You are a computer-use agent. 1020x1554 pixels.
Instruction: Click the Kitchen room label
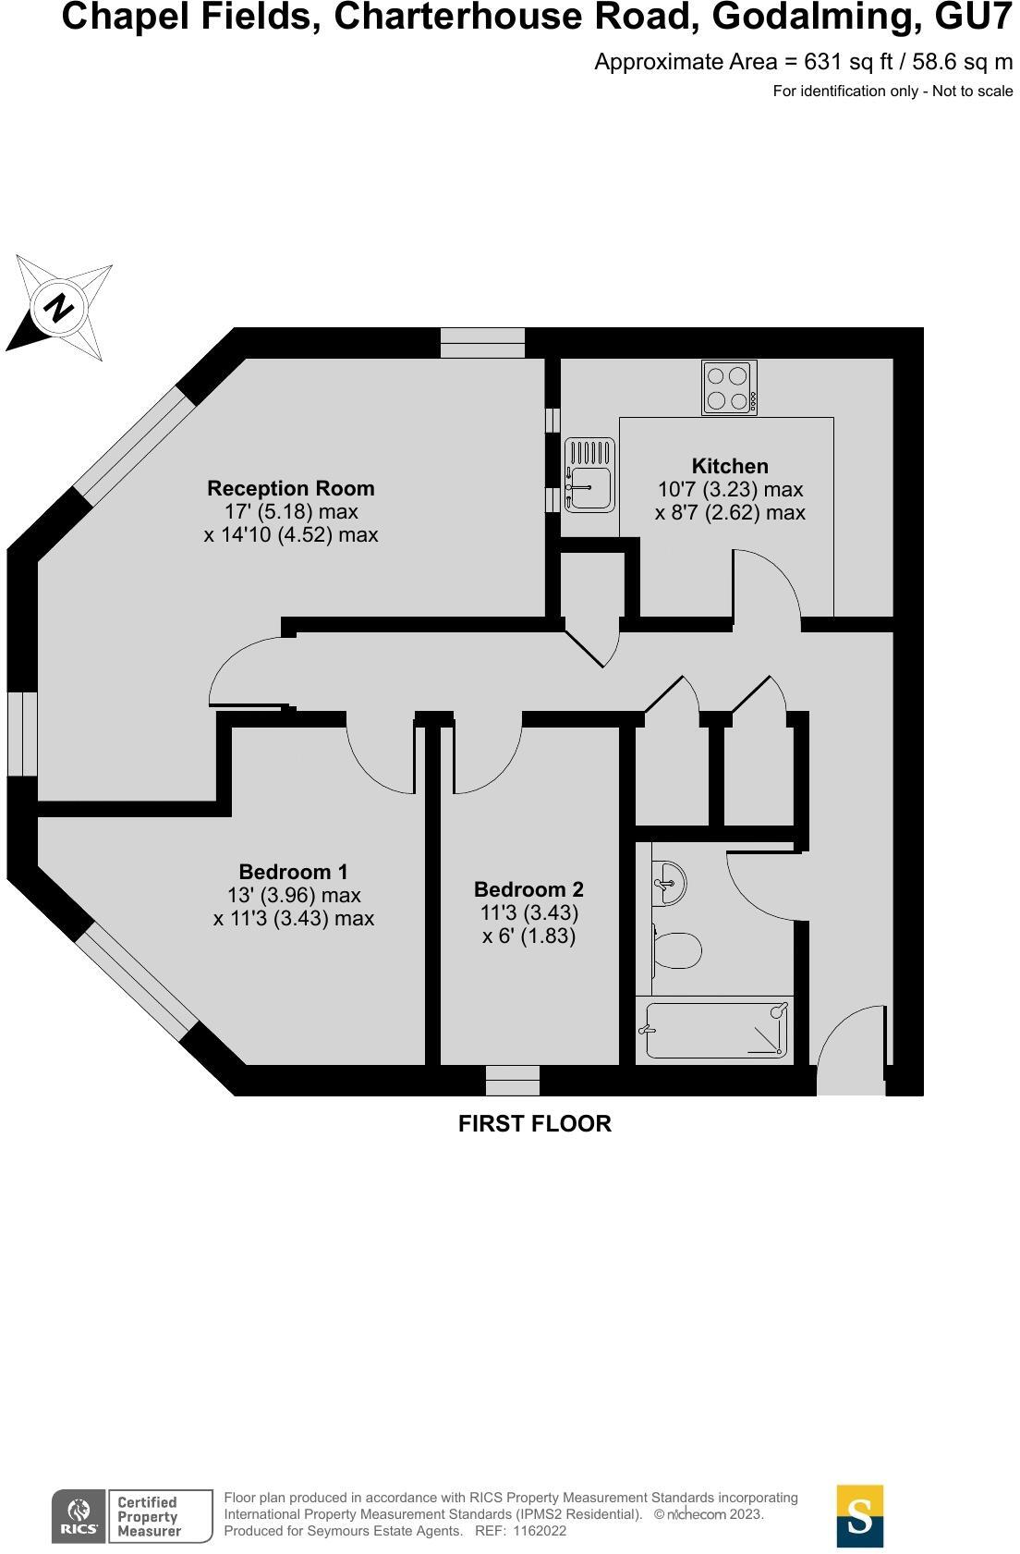pos(729,466)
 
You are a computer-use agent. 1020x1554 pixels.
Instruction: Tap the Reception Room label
pos(290,488)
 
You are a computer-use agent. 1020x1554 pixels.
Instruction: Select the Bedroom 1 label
pos(293,872)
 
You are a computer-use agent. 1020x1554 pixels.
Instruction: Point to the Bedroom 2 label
pos(528,889)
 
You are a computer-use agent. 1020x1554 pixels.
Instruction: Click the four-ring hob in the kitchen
pos(729,388)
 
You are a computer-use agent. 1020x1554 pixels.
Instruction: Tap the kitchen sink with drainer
pos(589,475)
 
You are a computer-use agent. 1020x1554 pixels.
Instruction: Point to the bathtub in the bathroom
pos(715,1030)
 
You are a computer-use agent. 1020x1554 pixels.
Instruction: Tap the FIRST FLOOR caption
pos(534,1123)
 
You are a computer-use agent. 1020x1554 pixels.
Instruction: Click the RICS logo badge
pos(79,1516)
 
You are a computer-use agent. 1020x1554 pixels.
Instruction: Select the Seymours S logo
pos(859,1516)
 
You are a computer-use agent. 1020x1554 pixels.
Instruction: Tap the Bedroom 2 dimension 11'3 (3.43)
pos(528,912)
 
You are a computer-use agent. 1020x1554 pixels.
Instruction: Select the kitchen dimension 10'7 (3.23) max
pos(729,489)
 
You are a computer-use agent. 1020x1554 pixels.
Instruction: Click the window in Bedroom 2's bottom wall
pos(513,1079)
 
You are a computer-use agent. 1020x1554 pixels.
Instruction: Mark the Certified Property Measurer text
pos(148,1517)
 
